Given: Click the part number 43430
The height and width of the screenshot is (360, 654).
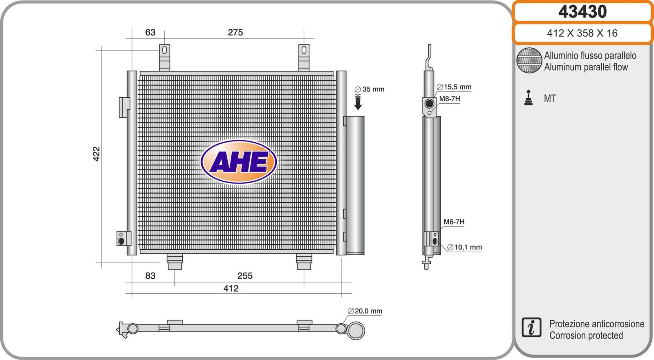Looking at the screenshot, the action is pyautogui.click(x=582, y=12).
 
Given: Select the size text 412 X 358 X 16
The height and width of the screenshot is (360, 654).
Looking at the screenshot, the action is pyautogui.click(x=582, y=33).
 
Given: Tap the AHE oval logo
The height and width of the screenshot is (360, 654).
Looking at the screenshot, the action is pyautogui.click(x=239, y=162).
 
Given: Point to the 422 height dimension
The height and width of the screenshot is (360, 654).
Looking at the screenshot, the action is pyautogui.click(x=96, y=154).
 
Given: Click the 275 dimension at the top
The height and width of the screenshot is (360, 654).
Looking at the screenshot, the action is pyautogui.click(x=235, y=32).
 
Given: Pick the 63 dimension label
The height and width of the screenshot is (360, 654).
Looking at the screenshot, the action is pyautogui.click(x=150, y=32).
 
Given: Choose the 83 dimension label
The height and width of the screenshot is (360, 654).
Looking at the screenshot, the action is pyautogui.click(x=150, y=276).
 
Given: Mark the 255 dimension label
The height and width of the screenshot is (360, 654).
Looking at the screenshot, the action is pyautogui.click(x=245, y=276).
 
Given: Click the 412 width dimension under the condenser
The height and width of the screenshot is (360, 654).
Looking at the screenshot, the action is pyautogui.click(x=231, y=288).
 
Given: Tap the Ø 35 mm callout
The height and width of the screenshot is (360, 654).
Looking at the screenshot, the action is pyautogui.click(x=370, y=89).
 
